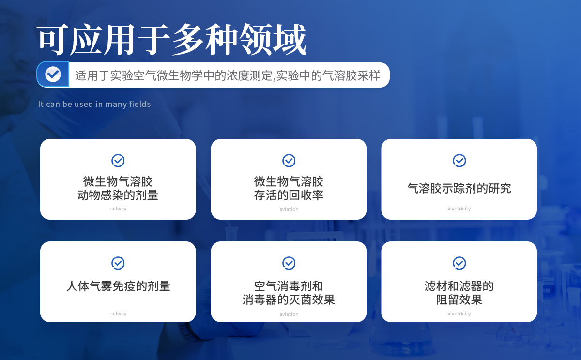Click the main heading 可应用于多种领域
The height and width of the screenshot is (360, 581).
point(171,39)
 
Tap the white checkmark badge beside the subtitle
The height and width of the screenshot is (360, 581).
point(53,75)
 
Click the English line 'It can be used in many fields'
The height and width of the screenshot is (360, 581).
point(94,104)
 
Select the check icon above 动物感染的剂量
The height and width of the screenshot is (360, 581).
point(118,161)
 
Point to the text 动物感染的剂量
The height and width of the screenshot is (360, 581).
point(118,195)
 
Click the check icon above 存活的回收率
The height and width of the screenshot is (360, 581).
point(289,161)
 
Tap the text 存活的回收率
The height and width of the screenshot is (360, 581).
point(289,195)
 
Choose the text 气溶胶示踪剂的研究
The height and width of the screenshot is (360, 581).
point(459,188)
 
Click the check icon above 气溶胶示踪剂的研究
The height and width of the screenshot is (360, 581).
point(459,161)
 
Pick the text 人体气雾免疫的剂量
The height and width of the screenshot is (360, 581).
point(118,286)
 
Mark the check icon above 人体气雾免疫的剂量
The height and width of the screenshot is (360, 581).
point(118,263)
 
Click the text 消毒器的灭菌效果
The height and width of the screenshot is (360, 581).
point(289,300)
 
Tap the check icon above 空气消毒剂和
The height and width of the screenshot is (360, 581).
point(289,263)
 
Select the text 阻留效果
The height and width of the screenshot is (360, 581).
point(459,300)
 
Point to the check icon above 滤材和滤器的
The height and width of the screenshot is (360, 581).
point(459,263)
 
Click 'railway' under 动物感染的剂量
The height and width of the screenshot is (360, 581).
point(118,209)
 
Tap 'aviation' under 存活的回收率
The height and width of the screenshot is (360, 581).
point(289,209)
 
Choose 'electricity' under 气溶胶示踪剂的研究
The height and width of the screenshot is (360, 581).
point(459,209)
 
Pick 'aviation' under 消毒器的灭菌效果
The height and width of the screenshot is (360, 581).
point(289,314)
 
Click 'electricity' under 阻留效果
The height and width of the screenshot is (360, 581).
point(459,314)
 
